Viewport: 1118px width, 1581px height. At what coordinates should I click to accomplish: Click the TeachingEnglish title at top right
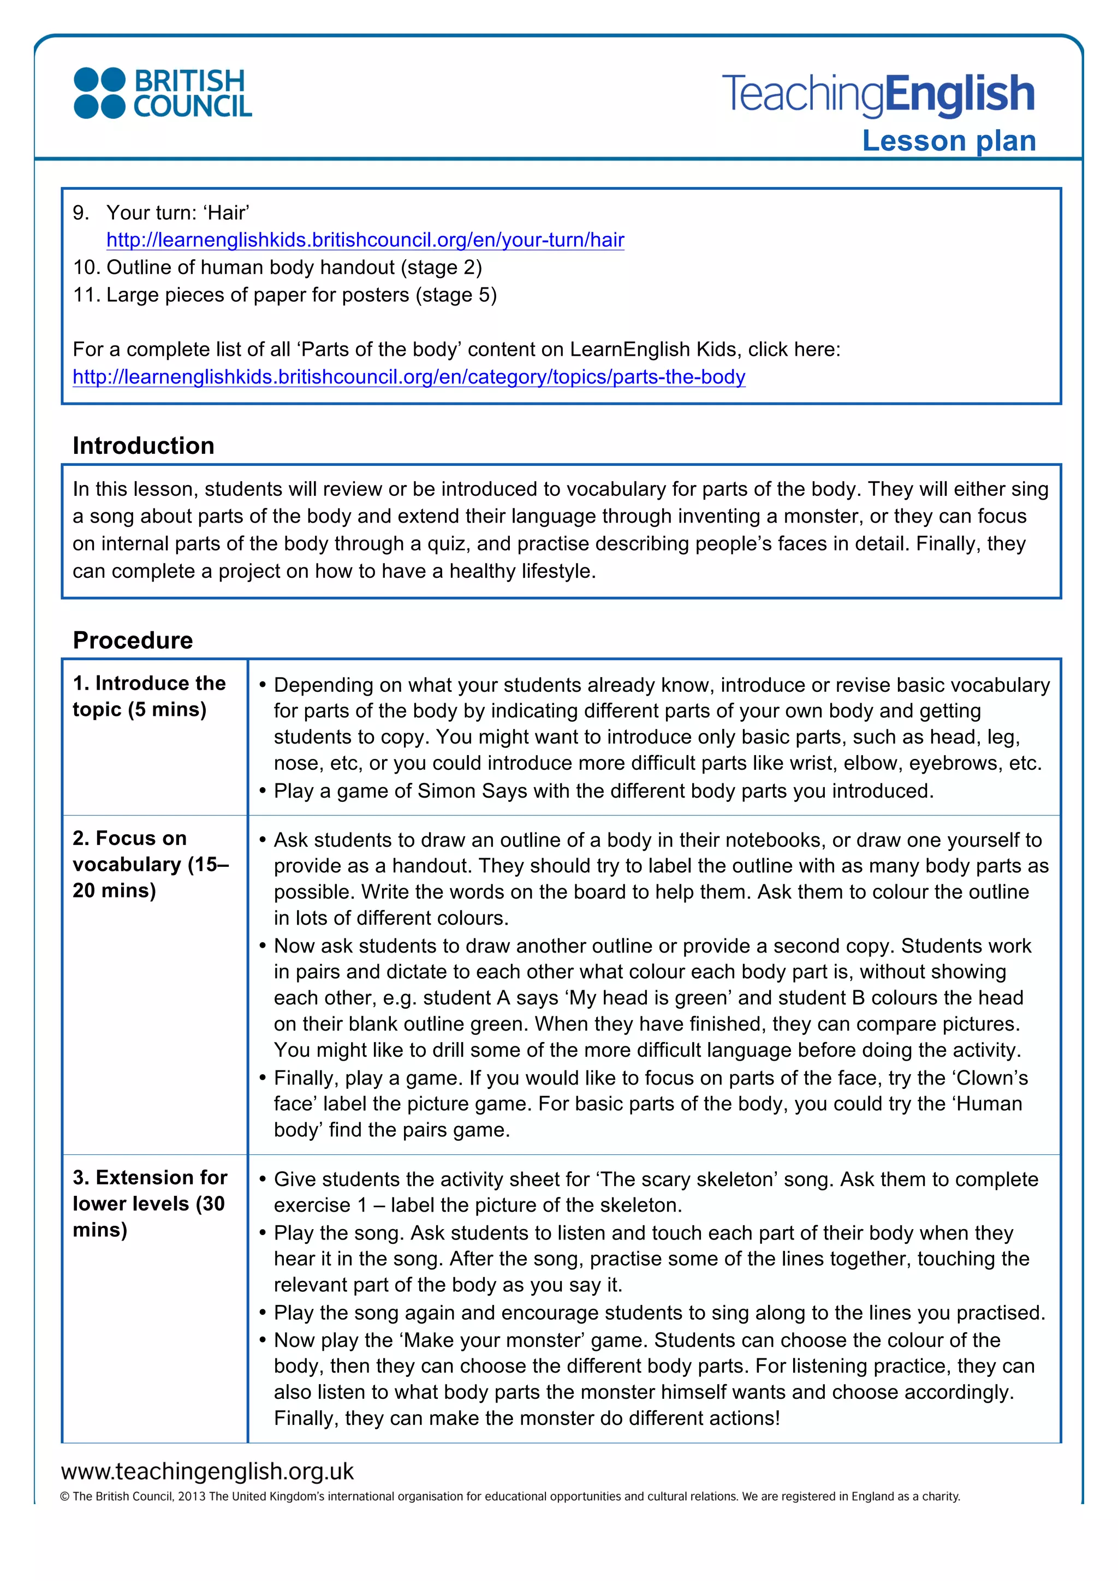click(878, 94)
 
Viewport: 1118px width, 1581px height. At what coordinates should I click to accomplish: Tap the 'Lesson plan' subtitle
click(949, 141)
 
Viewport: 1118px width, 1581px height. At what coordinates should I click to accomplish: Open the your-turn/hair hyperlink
click(365, 241)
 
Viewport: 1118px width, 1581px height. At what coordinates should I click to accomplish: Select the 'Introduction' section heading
click(143, 446)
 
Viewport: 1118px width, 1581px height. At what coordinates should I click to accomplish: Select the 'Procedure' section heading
click(133, 640)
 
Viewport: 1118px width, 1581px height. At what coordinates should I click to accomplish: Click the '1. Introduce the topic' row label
click(149, 696)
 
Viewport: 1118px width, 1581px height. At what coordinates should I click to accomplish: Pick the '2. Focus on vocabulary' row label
click(150, 864)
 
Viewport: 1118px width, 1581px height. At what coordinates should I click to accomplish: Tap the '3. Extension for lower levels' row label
click(150, 1203)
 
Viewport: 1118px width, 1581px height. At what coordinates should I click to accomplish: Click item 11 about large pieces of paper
click(284, 295)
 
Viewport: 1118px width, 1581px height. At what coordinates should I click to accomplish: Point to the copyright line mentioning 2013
click(510, 1496)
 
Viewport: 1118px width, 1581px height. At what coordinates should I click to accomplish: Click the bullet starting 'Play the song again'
click(659, 1313)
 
